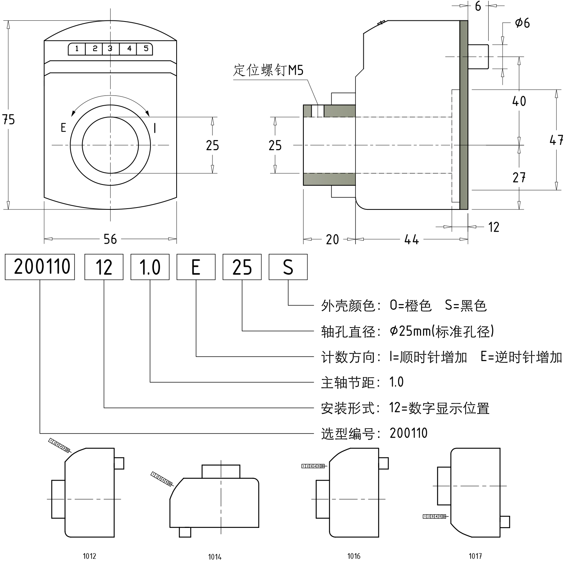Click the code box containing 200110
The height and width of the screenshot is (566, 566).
pyautogui.click(x=40, y=267)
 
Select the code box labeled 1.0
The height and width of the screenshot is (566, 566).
pyautogui.click(x=150, y=267)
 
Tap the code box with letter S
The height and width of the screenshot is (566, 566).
pyautogui.click(x=288, y=267)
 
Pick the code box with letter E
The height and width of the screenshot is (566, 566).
pyautogui.click(x=196, y=267)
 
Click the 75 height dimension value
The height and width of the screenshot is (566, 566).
pyautogui.click(x=8, y=120)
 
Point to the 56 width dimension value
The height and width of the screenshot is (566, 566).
pyautogui.click(x=110, y=239)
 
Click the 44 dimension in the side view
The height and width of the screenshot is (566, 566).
pyautogui.click(x=411, y=239)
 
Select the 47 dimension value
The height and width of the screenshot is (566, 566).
pyautogui.click(x=557, y=140)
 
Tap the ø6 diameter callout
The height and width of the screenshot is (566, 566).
pyautogui.click(x=522, y=23)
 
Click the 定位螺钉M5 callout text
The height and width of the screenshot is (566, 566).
pyautogui.click(x=268, y=71)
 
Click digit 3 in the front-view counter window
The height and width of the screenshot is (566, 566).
pyautogui.click(x=110, y=49)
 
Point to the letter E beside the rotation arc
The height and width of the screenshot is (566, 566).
pyautogui.click(x=63, y=128)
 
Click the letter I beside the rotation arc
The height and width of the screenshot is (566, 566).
pyautogui.click(x=155, y=128)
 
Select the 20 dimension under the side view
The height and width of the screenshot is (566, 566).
pyautogui.click(x=332, y=239)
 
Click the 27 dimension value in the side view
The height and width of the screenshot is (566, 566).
pyautogui.click(x=519, y=177)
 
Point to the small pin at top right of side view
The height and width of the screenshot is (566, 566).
pyautogui.click(x=479, y=57)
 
